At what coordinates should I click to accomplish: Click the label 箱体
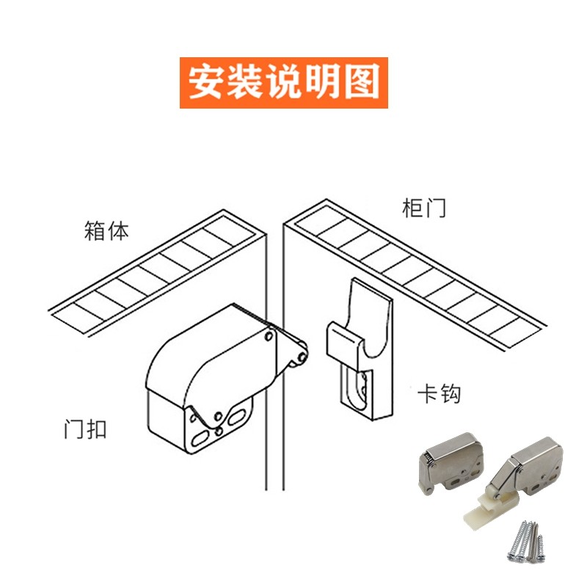[106, 231]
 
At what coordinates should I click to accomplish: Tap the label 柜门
[424, 208]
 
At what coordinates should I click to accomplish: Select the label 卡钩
[439, 395]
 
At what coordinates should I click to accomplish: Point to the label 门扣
[85, 429]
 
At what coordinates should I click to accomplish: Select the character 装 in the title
[244, 82]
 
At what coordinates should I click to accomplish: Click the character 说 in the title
[284, 82]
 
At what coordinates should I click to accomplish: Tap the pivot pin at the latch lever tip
[300, 357]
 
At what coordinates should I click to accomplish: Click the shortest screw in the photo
[541, 547]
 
